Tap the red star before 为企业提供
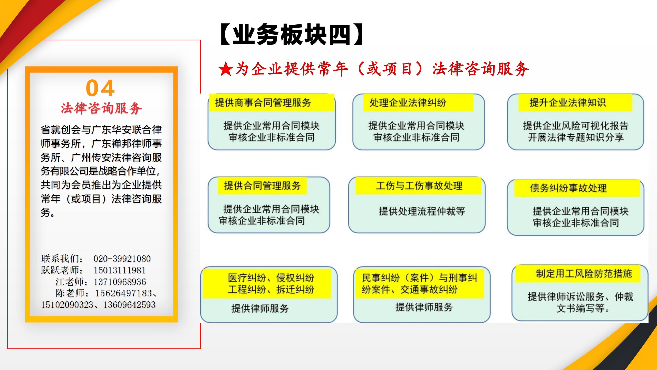[x=226, y=69]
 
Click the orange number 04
[x=100, y=88]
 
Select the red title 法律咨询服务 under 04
[x=101, y=108]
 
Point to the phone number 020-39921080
[x=122, y=259]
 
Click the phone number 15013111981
[x=120, y=270]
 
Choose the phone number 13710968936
[x=120, y=282]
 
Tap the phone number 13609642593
[x=129, y=305]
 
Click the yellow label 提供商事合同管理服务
[x=263, y=103]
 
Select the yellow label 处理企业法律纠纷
[x=408, y=103]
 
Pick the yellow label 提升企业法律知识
[x=567, y=103]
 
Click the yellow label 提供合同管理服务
[x=262, y=186]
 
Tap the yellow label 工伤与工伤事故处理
[x=419, y=186]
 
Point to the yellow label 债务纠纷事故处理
[x=568, y=188]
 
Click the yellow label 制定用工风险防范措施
[x=584, y=273]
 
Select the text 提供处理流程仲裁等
[x=422, y=211]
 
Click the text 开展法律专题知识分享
[x=576, y=137]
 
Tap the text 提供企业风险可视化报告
[x=576, y=126]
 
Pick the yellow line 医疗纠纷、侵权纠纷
[x=271, y=278]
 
